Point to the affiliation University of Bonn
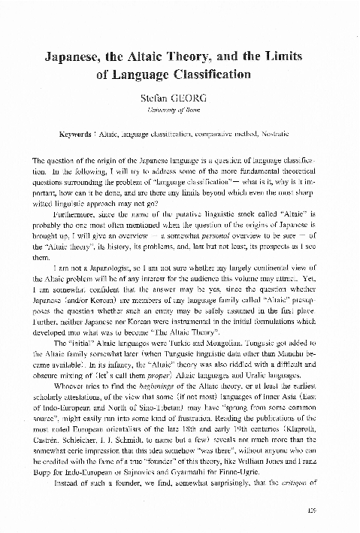tap(180, 111)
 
